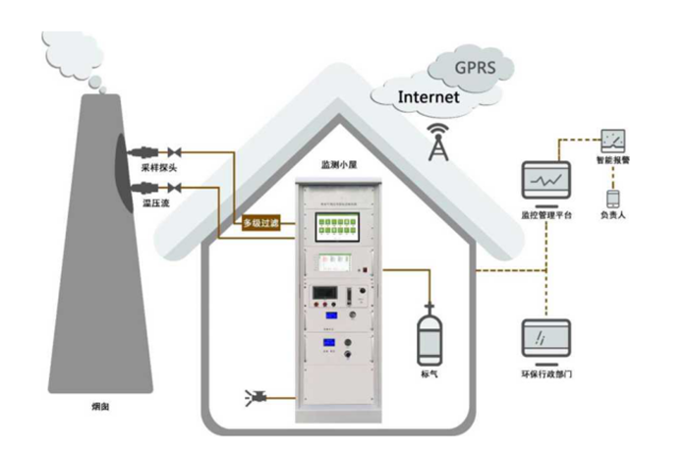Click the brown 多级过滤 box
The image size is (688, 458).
(262, 223)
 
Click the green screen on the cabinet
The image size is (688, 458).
(339, 227)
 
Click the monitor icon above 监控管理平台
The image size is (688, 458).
(545, 183)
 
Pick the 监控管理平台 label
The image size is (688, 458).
(546, 213)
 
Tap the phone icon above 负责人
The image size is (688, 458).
(611, 197)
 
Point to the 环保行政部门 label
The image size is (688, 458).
(546, 375)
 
